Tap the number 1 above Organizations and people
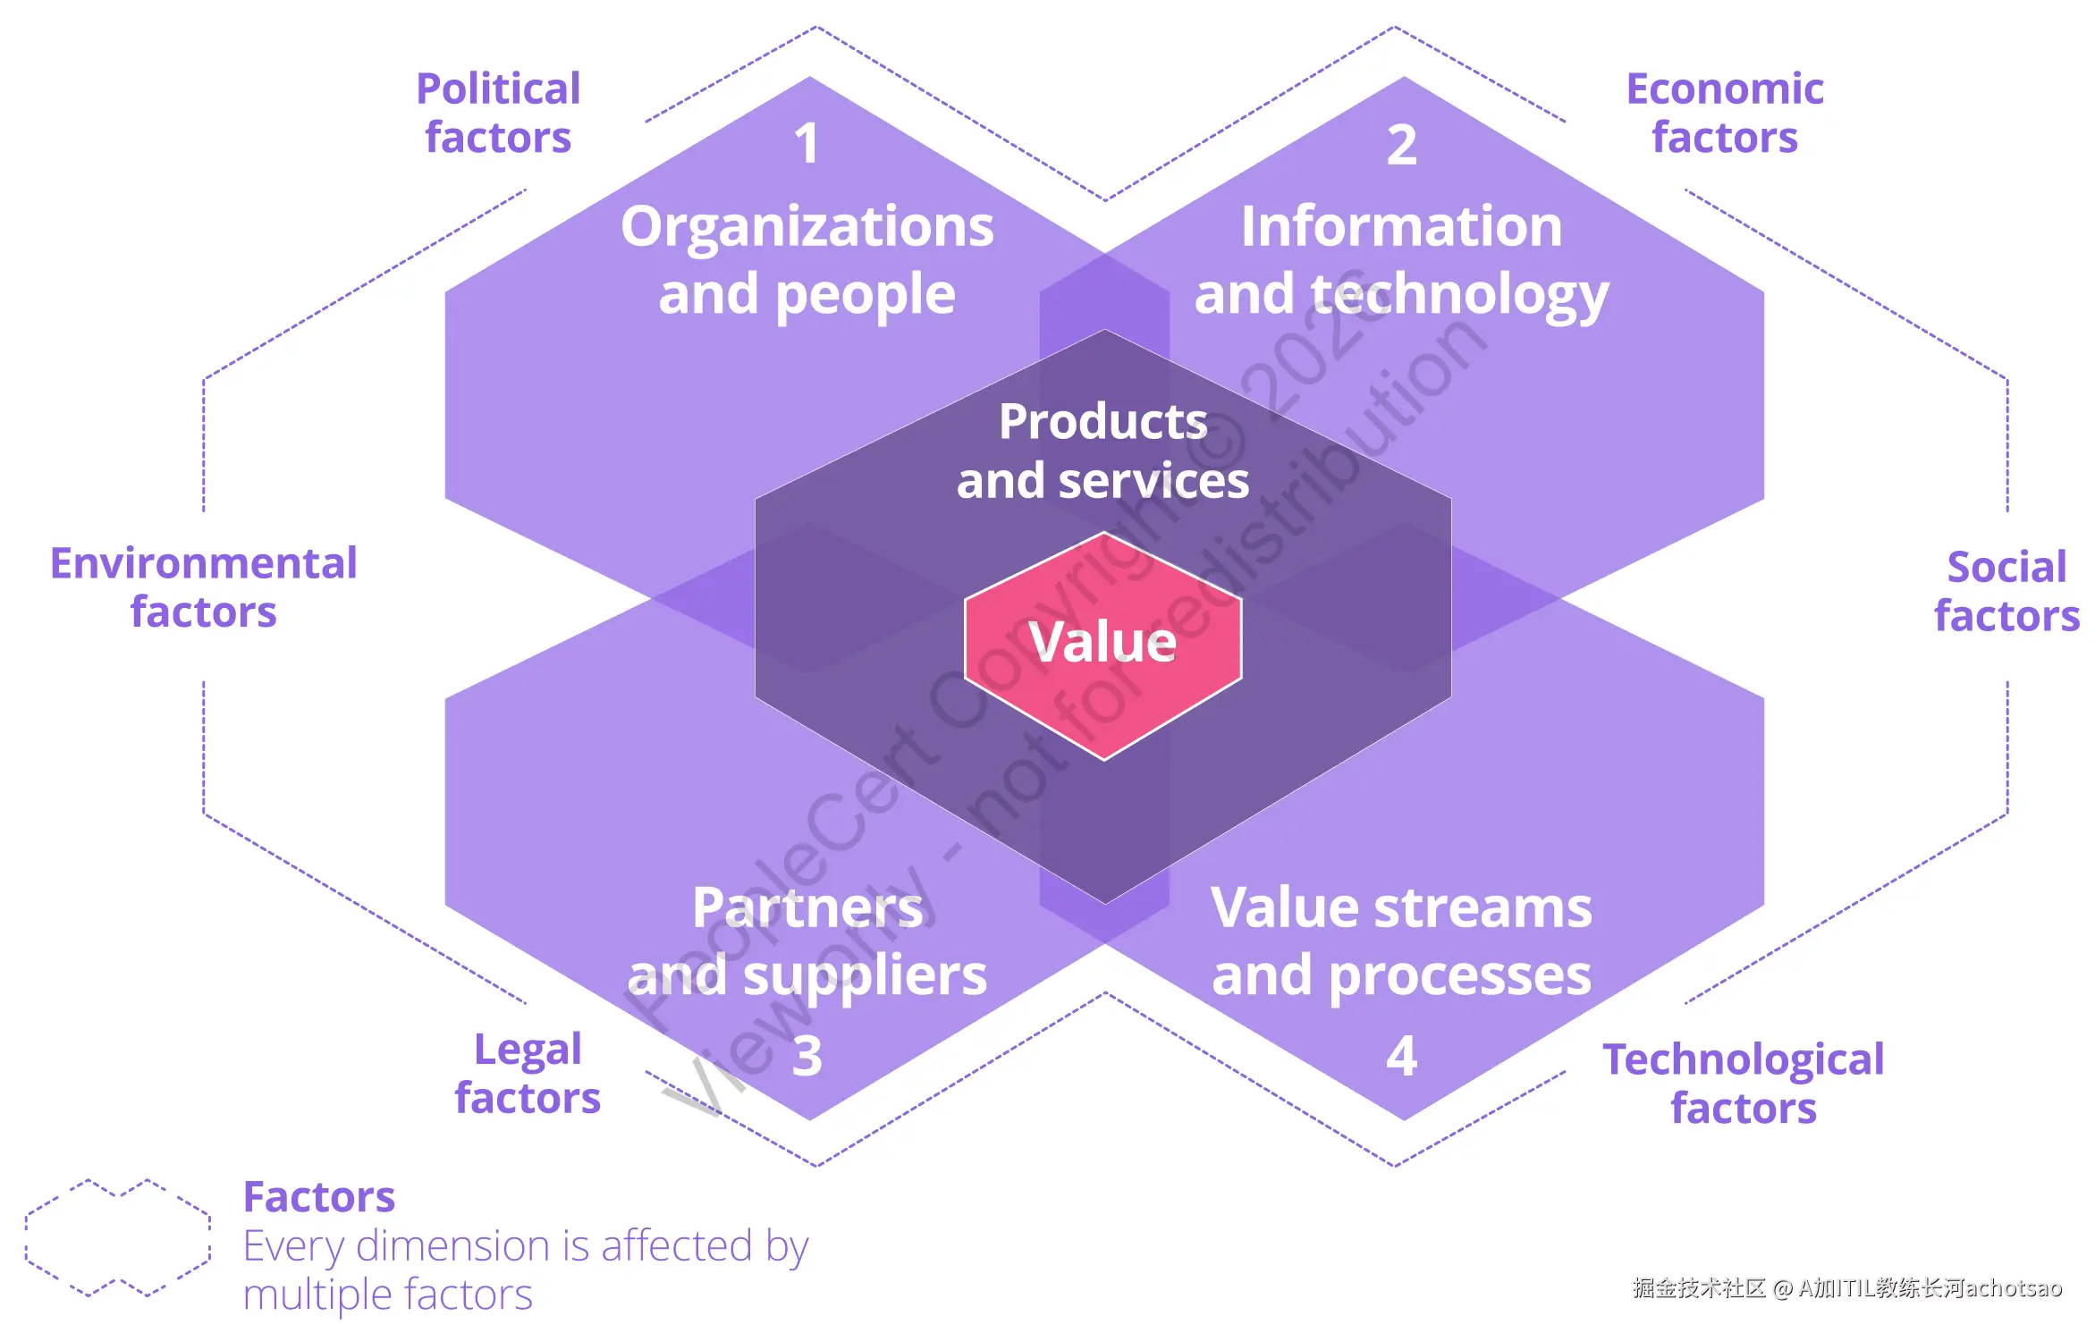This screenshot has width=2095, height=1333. point(807,144)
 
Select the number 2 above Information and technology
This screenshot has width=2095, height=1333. point(1401,145)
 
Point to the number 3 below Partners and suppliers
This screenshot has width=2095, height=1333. point(807,1056)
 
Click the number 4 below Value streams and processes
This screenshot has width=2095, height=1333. point(1401,1056)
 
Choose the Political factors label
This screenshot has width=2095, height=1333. point(498,114)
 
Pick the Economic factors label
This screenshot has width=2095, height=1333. point(1724,114)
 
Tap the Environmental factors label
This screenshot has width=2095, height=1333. point(204,587)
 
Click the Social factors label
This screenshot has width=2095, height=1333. point(2006,591)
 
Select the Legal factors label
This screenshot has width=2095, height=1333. point(528,1073)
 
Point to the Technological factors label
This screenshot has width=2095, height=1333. point(1743,1083)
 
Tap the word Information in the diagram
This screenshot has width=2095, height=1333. point(1401,226)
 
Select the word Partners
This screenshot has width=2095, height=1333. point(807,907)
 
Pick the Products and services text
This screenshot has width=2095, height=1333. point(1102,451)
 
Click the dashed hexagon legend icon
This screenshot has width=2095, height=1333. point(118,1237)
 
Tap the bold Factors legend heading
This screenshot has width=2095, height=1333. point(318,1196)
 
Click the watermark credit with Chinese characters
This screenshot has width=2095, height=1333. point(1846,1287)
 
